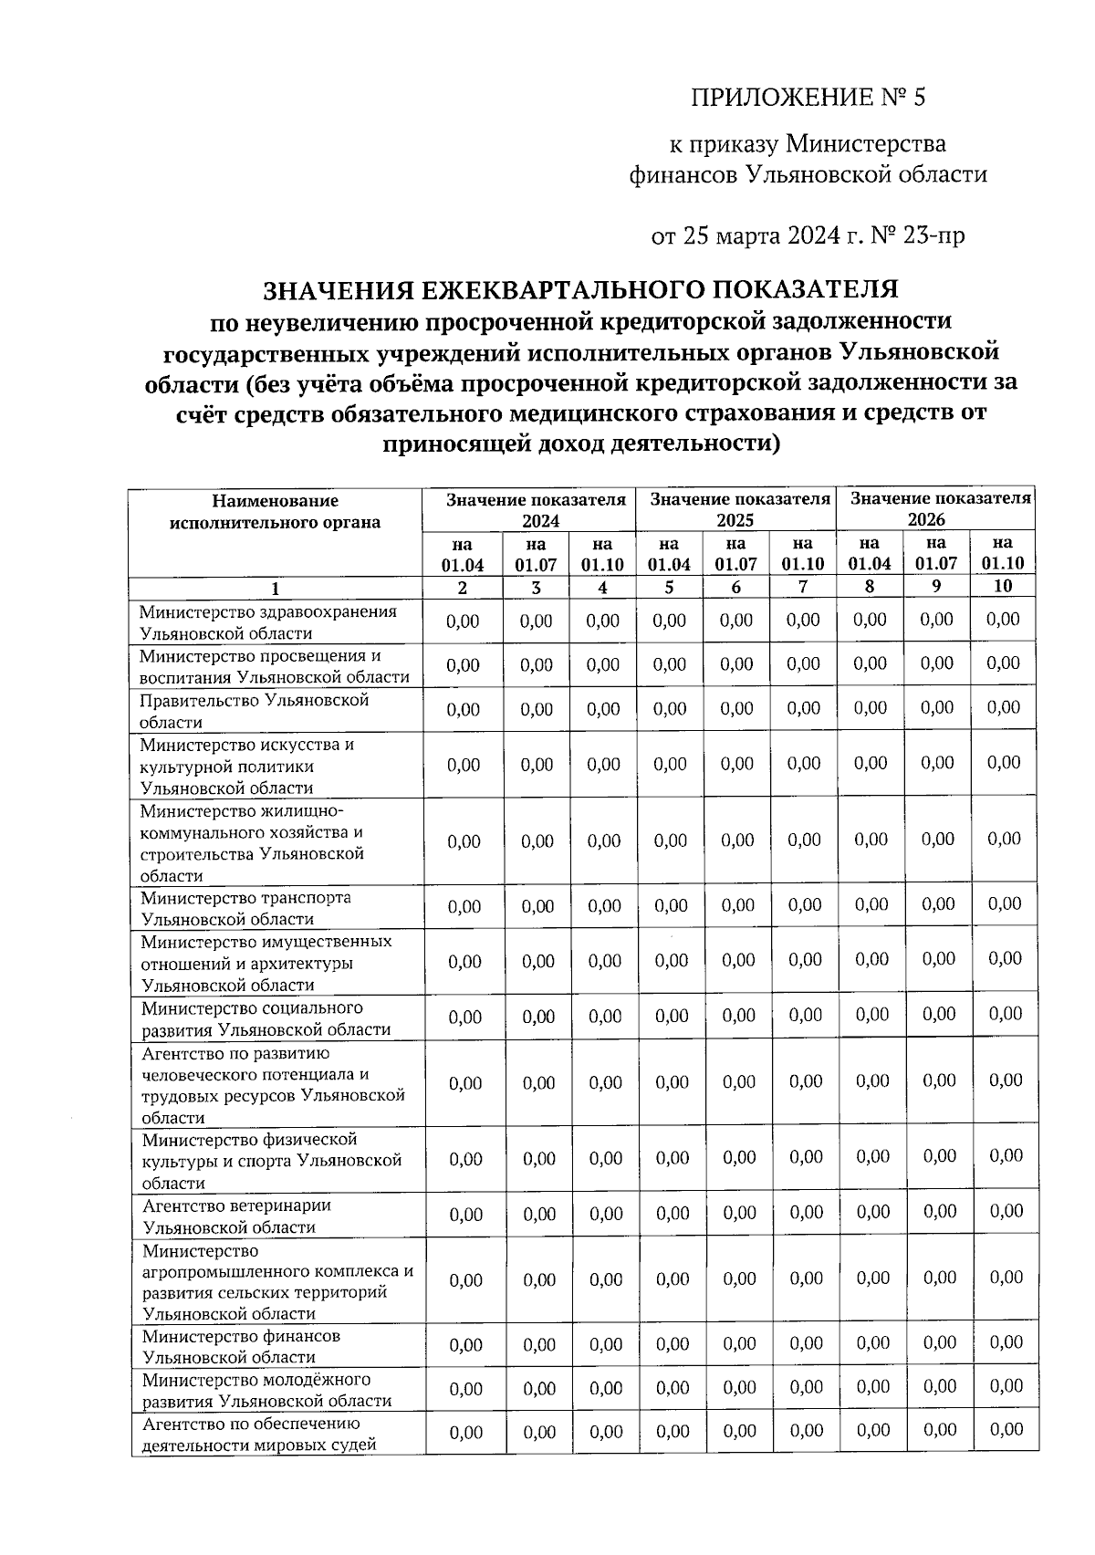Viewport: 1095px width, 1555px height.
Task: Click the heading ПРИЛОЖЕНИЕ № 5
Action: coord(808,98)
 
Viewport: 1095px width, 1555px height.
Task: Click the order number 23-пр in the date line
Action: coord(933,236)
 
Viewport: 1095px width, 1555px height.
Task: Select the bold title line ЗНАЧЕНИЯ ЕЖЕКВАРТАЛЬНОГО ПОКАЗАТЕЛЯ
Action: coord(580,290)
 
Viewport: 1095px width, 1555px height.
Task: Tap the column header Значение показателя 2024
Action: coord(536,509)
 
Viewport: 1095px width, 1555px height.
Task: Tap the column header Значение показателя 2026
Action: coord(940,509)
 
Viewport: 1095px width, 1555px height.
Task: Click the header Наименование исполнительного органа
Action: coord(275,512)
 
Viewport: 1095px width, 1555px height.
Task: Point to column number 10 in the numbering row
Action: coord(1003,587)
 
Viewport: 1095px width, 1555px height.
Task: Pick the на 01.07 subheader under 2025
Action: coord(735,554)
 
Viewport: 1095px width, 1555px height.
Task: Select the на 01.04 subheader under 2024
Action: coord(463,554)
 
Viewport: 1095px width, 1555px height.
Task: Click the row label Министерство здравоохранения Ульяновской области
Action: coord(268,621)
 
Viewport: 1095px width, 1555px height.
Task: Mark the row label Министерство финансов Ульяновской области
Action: coord(242,1346)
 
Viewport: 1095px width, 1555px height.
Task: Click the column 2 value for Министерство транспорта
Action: coord(464,907)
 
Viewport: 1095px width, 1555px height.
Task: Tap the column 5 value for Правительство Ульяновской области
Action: coord(670,708)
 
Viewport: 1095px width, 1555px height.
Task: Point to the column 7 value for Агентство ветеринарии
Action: coord(806,1213)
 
